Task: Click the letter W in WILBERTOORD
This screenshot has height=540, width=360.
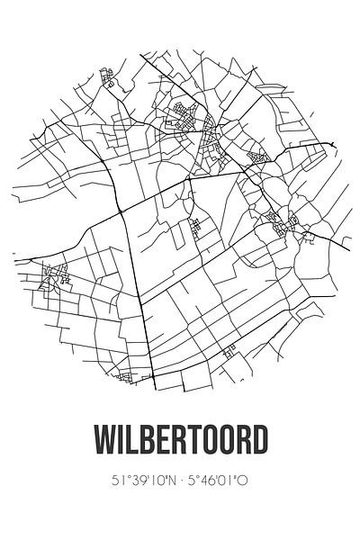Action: [x=105, y=442]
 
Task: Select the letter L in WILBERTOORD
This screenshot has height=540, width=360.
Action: [x=135, y=442]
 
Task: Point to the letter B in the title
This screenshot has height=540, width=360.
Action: [x=150, y=442]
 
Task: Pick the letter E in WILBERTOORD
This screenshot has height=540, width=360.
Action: [x=166, y=442]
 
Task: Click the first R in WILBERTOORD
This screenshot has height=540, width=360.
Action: [x=183, y=442]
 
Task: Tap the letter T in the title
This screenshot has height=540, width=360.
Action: [x=198, y=442]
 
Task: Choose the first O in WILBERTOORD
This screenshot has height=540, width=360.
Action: [x=214, y=442]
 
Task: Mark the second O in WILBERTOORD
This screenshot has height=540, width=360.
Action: [x=232, y=442]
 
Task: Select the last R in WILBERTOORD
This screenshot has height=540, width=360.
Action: [x=249, y=442]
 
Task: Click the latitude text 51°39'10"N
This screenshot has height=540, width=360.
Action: [x=140, y=481]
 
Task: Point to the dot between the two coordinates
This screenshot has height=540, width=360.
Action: [x=180, y=481]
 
